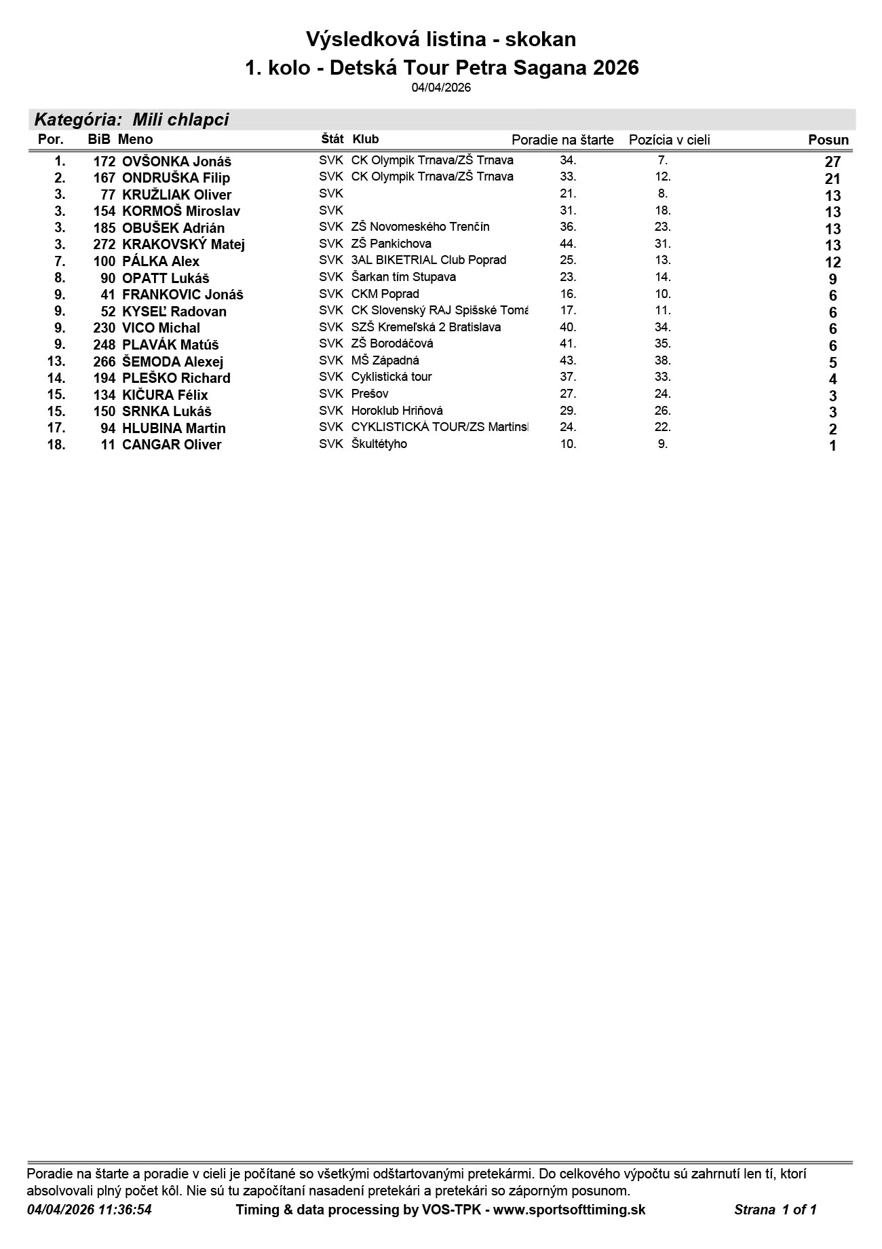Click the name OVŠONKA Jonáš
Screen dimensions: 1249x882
[176, 162]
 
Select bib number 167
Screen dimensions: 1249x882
[104, 178]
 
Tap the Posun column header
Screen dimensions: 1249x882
[828, 140]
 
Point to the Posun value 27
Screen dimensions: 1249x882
[832, 162]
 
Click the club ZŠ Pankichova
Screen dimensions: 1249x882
[391, 244]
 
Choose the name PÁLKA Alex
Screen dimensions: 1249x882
[161, 261]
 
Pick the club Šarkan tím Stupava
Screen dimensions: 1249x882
[403, 277]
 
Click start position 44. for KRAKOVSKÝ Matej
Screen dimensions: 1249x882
[568, 244]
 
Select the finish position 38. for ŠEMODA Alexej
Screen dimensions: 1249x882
[663, 360]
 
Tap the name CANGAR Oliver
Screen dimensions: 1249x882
[172, 445]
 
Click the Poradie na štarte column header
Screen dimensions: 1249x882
[562, 140]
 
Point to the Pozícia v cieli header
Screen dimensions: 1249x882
[669, 140]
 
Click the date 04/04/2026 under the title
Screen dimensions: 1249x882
[441, 88]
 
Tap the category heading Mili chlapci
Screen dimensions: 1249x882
[180, 120]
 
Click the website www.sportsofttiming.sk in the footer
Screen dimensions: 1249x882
[569, 1209]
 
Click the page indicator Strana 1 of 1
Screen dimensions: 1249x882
[775, 1209]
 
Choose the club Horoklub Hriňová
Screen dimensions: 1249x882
[397, 411]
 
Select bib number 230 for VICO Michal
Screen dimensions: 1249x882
[104, 328]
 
